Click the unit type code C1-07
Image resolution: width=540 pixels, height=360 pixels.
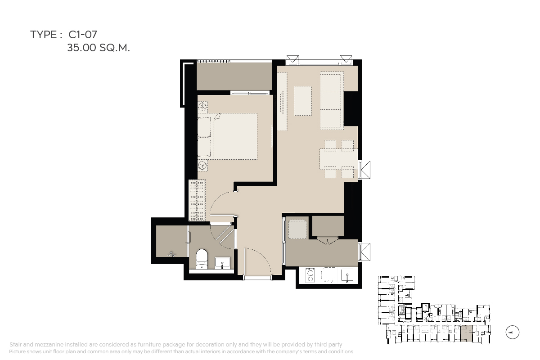click(83, 35)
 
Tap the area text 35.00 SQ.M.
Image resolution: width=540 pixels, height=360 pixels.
click(99, 48)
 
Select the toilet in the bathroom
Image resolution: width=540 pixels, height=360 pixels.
click(202, 259)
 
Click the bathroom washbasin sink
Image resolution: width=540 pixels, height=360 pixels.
click(222, 263)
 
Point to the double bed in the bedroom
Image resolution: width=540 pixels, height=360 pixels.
click(228, 136)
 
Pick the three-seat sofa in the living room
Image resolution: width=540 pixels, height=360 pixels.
click(332, 101)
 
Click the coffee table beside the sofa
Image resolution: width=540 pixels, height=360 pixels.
click(303, 101)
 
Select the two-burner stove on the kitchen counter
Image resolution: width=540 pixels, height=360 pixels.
click(310, 275)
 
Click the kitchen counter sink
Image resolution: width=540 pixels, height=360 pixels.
click(347, 275)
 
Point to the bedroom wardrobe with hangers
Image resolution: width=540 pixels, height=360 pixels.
click(197, 200)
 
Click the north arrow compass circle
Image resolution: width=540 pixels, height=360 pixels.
click(512, 332)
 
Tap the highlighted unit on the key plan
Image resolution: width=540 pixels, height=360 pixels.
click(466, 333)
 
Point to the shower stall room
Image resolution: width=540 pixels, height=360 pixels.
click(171, 241)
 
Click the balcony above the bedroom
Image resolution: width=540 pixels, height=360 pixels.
click(234, 76)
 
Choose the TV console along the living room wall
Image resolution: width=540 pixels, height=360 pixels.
click(282, 101)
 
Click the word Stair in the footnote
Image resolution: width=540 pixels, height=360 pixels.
click(16, 345)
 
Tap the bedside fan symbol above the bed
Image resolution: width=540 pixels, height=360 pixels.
click(203, 107)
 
